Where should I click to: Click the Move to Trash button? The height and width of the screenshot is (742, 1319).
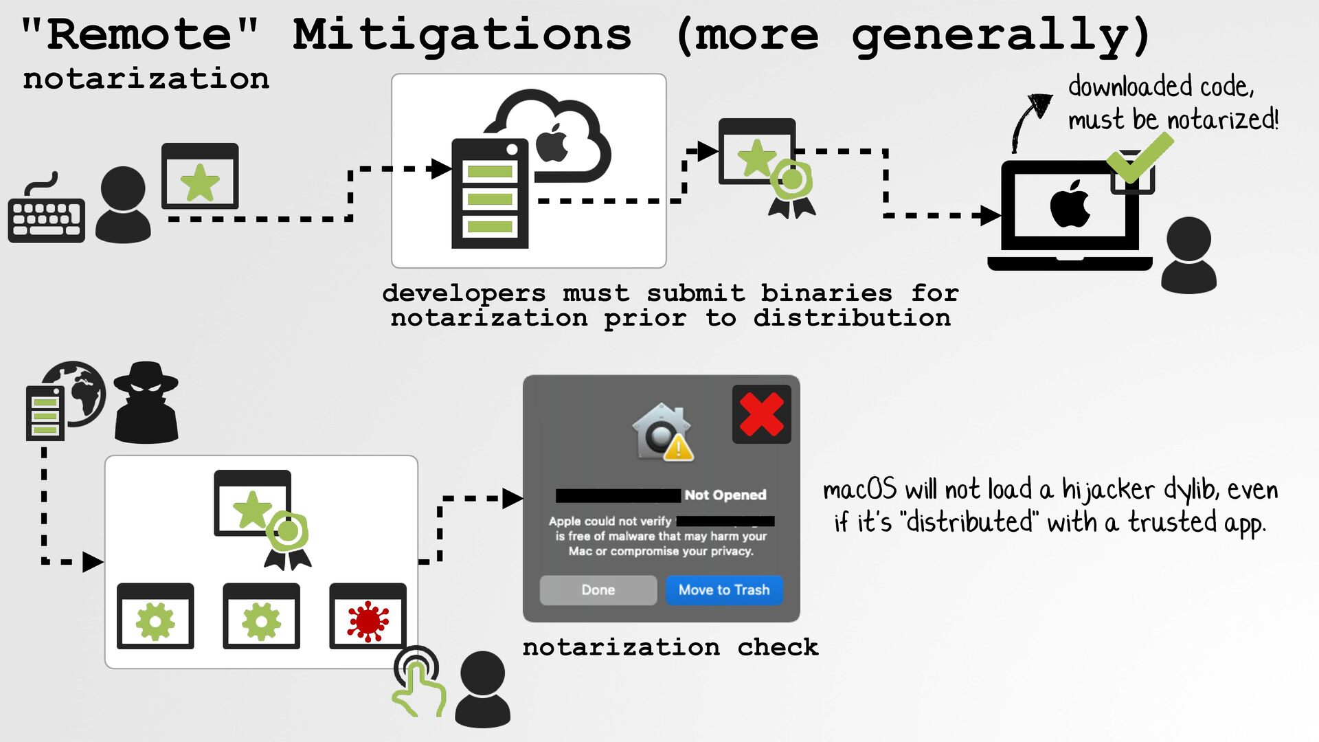click(x=724, y=590)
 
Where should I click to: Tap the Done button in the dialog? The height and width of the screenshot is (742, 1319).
click(x=598, y=590)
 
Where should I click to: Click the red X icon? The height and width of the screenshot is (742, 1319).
click(x=761, y=414)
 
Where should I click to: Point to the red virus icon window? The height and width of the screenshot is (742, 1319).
click(x=368, y=616)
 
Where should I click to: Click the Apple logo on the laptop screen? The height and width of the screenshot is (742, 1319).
click(x=1070, y=204)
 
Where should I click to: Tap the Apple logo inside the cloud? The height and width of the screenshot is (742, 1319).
click(x=552, y=144)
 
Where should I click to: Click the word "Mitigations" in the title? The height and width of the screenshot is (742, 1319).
click(x=462, y=35)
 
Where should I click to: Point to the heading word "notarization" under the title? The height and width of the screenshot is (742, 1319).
click(x=146, y=79)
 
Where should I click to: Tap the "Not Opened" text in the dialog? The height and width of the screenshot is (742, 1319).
click(x=725, y=495)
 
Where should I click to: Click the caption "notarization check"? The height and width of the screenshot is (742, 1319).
click(x=670, y=647)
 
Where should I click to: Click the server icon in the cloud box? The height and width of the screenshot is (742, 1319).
click(x=490, y=194)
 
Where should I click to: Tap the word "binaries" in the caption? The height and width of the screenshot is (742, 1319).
click(x=826, y=293)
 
